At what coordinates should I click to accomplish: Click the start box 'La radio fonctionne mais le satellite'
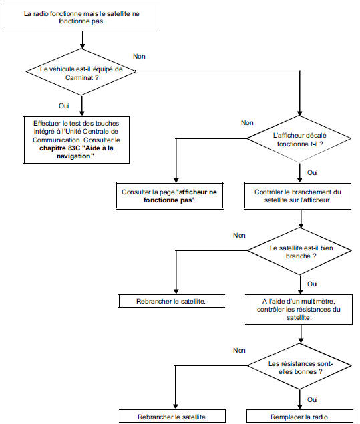82,19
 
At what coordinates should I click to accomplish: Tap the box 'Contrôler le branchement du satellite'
298,196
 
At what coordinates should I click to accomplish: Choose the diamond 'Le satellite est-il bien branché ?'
298,251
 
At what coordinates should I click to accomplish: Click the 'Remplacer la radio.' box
298,416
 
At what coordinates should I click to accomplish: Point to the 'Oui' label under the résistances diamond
312,399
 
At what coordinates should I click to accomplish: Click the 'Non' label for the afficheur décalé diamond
247,123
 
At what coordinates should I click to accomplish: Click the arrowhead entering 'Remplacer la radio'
298,406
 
